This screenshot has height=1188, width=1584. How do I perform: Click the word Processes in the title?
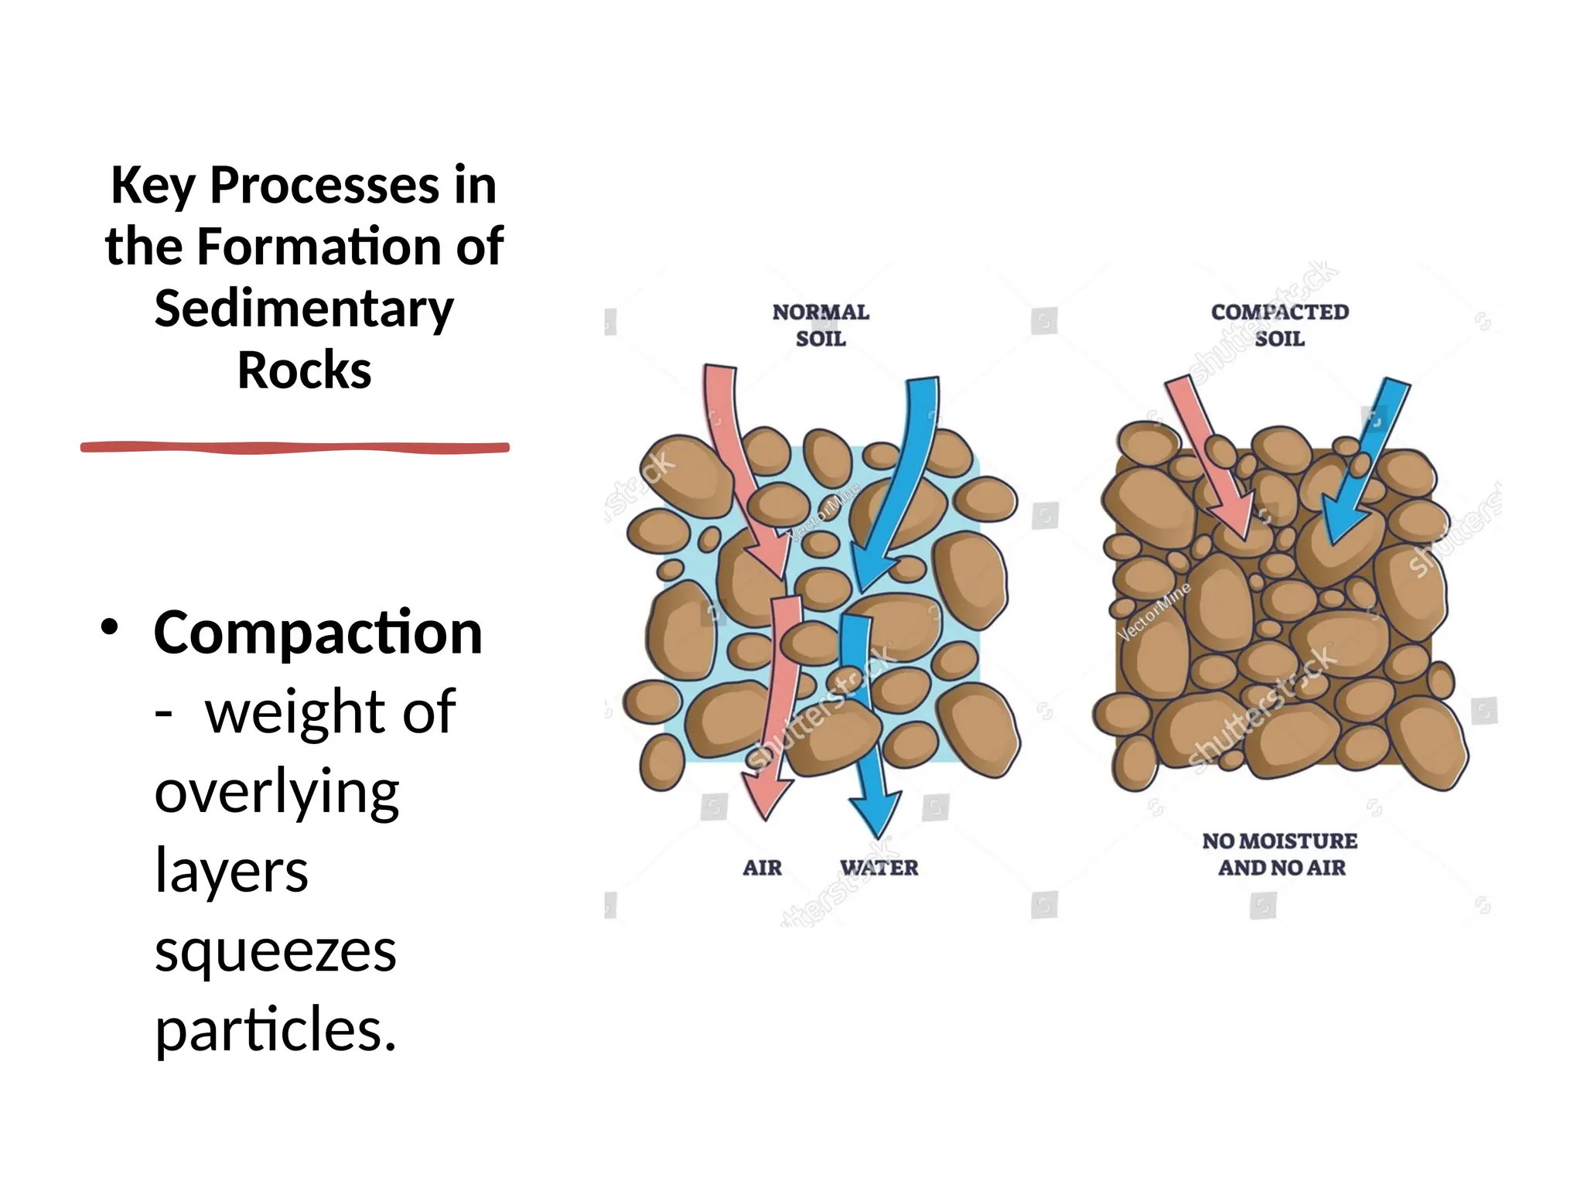click(325, 186)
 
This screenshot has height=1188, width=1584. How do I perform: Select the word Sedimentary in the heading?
click(304, 309)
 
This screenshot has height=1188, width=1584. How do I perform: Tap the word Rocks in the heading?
click(304, 370)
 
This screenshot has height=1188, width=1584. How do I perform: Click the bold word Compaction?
click(318, 633)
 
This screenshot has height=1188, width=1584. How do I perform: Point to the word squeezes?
click(275, 951)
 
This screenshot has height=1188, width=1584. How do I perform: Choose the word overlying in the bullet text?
click(277, 792)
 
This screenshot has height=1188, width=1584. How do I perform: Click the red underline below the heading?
click(295, 447)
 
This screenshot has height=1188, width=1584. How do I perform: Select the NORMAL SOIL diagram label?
click(821, 325)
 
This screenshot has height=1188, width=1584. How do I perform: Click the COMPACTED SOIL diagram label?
click(1279, 325)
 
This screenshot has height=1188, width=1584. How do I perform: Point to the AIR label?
click(762, 868)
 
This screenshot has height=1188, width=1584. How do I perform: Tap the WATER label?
click(879, 868)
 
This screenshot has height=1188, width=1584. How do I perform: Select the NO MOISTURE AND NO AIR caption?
click(1280, 854)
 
